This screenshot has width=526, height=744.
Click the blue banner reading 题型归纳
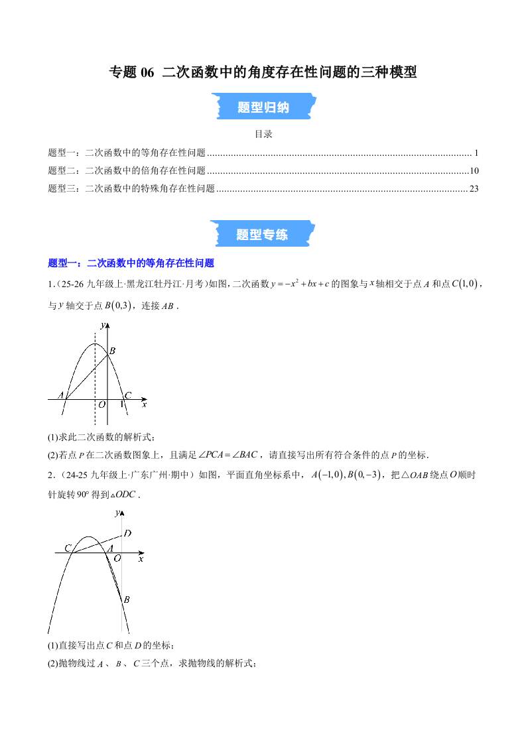(263, 107)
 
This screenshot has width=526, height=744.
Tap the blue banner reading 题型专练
(263, 234)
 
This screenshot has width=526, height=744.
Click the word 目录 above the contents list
(263, 134)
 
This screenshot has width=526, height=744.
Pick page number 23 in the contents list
(474, 188)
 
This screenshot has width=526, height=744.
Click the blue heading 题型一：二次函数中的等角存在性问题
(131, 263)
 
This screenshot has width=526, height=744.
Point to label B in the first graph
(113, 351)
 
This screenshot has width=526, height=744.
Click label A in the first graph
(60, 395)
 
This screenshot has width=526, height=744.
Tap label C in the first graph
(128, 395)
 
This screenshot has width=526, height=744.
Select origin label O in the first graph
(101, 404)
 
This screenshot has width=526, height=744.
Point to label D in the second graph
(127, 533)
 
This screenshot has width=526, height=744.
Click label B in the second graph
(126, 599)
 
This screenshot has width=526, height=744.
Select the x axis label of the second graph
(141, 560)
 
